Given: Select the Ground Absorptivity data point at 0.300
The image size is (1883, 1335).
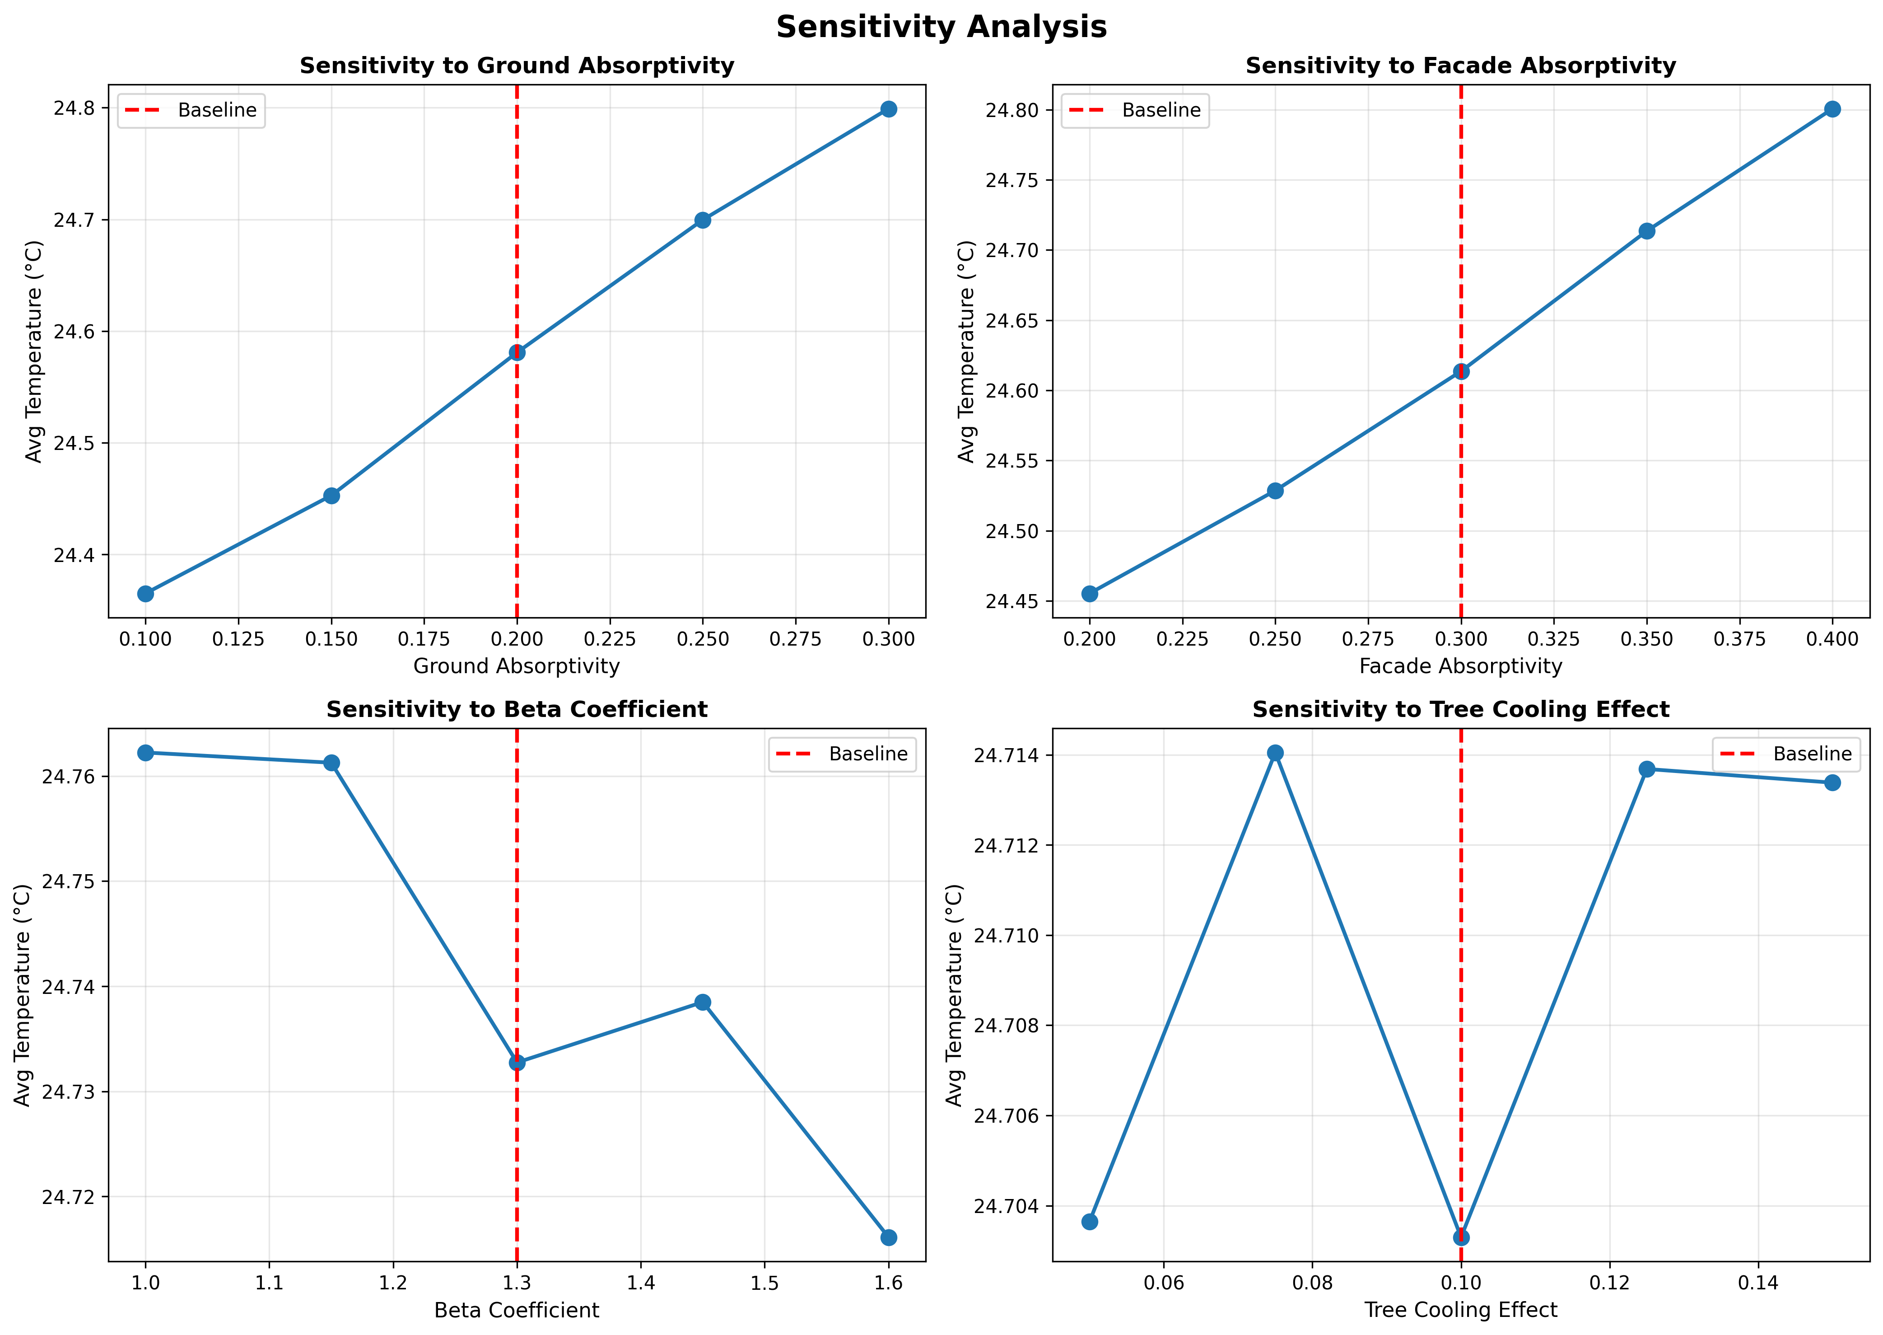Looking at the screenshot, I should coord(888,109).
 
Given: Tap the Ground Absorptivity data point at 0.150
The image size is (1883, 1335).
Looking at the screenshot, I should coord(331,496).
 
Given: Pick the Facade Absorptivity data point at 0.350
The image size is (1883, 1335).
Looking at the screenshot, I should coord(1646,231).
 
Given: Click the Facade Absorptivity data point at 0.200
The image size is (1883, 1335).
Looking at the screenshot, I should coord(1089,594).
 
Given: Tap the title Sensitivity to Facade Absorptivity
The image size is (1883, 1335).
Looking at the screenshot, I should coord(1460,66).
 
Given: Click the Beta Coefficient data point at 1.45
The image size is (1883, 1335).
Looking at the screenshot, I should coord(703,1002).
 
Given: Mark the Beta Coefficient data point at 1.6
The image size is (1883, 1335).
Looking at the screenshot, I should coord(888,1237).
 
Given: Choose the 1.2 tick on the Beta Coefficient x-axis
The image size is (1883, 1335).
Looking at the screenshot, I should coord(393,1283).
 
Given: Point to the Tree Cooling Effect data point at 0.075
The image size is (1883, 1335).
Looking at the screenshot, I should coord(1275,753).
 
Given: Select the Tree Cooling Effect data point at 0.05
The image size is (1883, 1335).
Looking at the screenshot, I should coord(1089,1222).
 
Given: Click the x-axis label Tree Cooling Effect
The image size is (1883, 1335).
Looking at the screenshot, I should coord(1460,1310).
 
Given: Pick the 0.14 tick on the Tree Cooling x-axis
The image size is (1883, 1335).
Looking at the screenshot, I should coord(1757,1283).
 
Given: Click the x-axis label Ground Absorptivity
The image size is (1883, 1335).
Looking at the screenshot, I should coord(516,666).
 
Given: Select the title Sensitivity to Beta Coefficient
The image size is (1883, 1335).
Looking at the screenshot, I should coord(516,709).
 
